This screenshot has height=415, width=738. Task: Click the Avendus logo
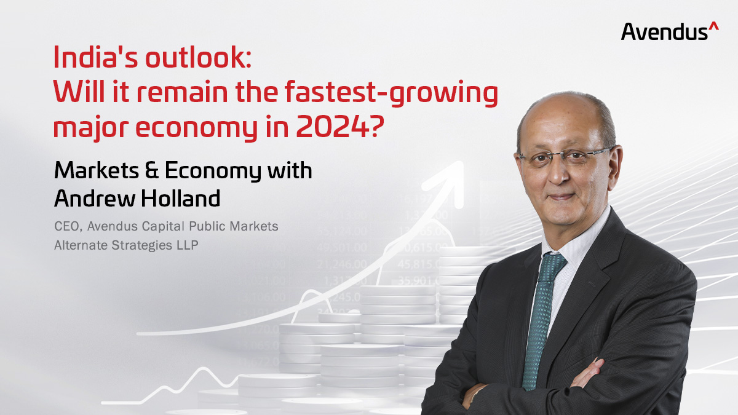pyautogui.click(x=670, y=31)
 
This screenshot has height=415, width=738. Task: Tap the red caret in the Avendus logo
pyautogui.click(x=713, y=26)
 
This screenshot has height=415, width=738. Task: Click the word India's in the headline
pyautogui.click(x=95, y=57)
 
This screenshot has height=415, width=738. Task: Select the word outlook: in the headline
pyautogui.click(x=198, y=57)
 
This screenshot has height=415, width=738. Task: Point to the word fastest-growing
pyautogui.click(x=391, y=93)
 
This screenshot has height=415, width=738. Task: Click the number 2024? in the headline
pyautogui.click(x=340, y=127)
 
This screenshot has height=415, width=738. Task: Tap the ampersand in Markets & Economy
pyautogui.click(x=152, y=171)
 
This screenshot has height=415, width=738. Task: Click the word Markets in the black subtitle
pyautogui.click(x=97, y=171)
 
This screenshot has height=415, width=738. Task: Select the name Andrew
pyautogui.click(x=95, y=198)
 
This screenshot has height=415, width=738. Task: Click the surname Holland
pyautogui.click(x=181, y=198)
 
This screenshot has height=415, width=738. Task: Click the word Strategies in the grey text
pyautogui.click(x=141, y=246)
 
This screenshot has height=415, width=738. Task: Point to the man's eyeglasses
pyautogui.click(x=565, y=157)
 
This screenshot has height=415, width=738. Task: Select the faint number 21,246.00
pyautogui.click(x=342, y=264)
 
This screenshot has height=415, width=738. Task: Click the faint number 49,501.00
pyautogui.click(x=342, y=247)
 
